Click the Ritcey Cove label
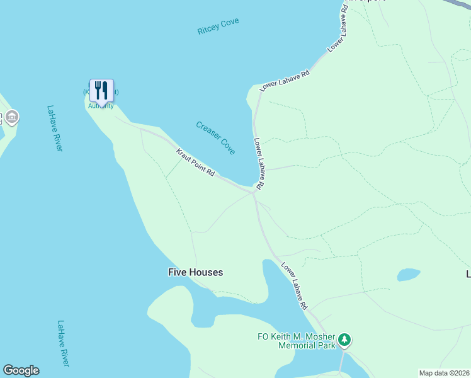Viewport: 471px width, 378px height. (218, 26)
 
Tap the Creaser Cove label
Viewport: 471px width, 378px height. (215, 138)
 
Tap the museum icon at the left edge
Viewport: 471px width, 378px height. (12, 118)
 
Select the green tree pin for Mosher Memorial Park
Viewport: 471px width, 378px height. (344, 340)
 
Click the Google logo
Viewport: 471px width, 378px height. (21, 370)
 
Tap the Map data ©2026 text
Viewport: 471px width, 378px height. (444, 373)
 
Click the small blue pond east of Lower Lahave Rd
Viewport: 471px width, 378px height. (408, 275)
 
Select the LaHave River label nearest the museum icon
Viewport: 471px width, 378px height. (55, 128)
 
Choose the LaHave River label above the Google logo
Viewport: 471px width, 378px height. (64, 343)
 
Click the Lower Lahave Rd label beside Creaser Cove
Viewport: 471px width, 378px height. (258, 163)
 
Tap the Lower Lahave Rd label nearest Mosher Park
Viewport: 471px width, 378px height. (294, 285)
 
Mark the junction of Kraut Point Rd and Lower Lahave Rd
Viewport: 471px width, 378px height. (254, 192)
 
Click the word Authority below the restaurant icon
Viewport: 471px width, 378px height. (101, 106)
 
